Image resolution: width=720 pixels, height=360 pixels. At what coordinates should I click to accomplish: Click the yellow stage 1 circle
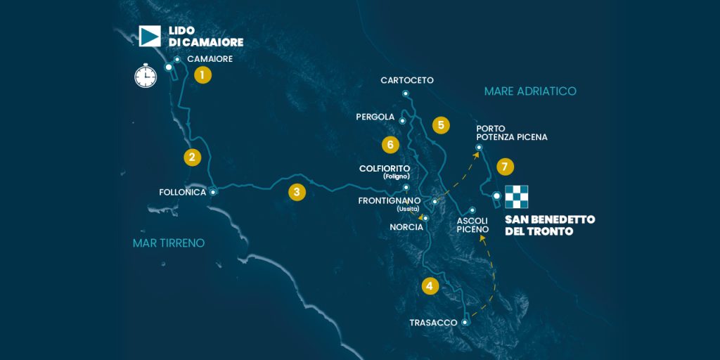tap(202, 75)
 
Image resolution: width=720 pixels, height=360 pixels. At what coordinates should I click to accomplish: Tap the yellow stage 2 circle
tap(193, 157)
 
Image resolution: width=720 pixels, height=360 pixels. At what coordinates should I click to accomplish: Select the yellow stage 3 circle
tap(297, 192)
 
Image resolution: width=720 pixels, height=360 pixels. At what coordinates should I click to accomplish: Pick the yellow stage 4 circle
tap(430, 286)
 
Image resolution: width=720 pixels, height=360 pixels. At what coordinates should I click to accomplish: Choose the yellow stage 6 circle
tap(391, 145)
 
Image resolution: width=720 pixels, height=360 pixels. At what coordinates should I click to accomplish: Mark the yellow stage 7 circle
tap(505, 167)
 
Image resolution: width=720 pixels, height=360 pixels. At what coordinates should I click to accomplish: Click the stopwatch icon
tap(146, 75)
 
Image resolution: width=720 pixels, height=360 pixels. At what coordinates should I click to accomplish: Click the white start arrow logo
tap(150, 36)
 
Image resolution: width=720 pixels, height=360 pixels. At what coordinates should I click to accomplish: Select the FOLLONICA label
tap(183, 192)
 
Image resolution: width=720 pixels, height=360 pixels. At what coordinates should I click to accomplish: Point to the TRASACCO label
tap(432, 323)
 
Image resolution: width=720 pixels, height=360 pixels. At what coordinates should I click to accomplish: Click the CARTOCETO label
tap(407, 80)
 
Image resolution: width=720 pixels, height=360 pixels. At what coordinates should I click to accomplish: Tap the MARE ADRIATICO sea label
tap(530, 91)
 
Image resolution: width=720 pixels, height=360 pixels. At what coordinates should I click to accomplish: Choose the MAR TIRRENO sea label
tap(169, 243)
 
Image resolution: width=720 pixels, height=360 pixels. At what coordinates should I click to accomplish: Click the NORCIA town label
tap(406, 227)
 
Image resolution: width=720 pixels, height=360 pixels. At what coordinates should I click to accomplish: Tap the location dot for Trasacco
tap(465, 322)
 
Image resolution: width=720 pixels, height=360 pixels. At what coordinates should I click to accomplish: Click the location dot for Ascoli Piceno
tap(472, 210)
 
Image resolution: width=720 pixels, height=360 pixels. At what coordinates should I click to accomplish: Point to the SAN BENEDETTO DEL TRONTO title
tap(550, 225)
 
